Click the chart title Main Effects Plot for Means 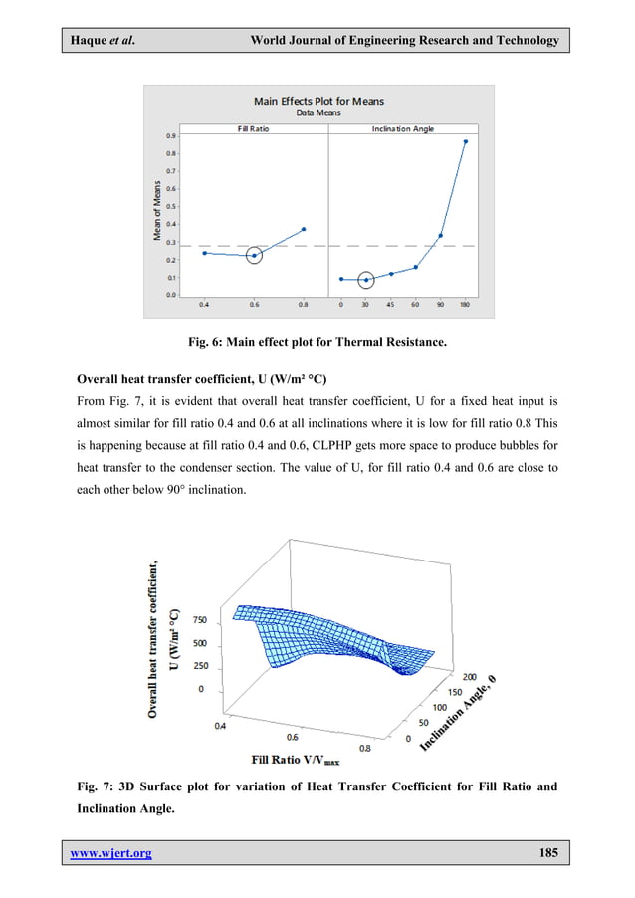pyautogui.click(x=318, y=101)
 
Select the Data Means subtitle pyautogui.click(x=318, y=112)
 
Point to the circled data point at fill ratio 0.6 pyautogui.click(x=254, y=256)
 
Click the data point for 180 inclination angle pyautogui.click(x=465, y=141)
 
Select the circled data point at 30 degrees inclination pyautogui.click(x=366, y=280)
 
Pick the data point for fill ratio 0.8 pyautogui.click(x=304, y=229)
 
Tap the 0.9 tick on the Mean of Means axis pyautogui.click(x=171, y=136)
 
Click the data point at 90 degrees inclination pyautogui.click(x=441, y=236)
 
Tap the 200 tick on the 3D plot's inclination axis pyautogui.click(x=443, y=675)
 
